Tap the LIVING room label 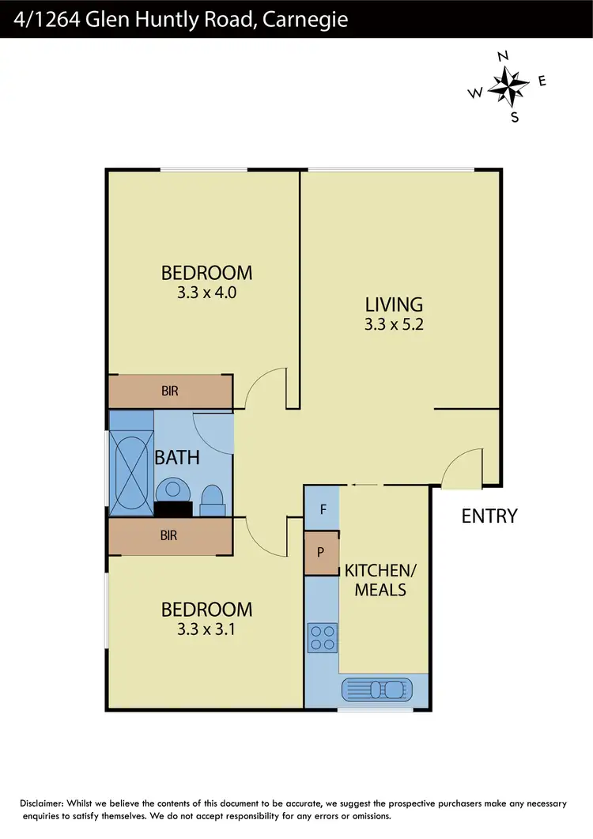coord(394,304)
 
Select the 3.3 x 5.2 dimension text coord(394,323)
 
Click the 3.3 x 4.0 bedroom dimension coord(206,292)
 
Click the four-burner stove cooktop coord(322,637)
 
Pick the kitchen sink coord(376,689)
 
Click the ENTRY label coord(489,516)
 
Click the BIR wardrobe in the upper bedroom coord(170,391)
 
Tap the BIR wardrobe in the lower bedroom coord(170,535)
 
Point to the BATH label coord(177,457)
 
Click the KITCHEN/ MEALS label coord(375,580)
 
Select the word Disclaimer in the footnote coord(47,803)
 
